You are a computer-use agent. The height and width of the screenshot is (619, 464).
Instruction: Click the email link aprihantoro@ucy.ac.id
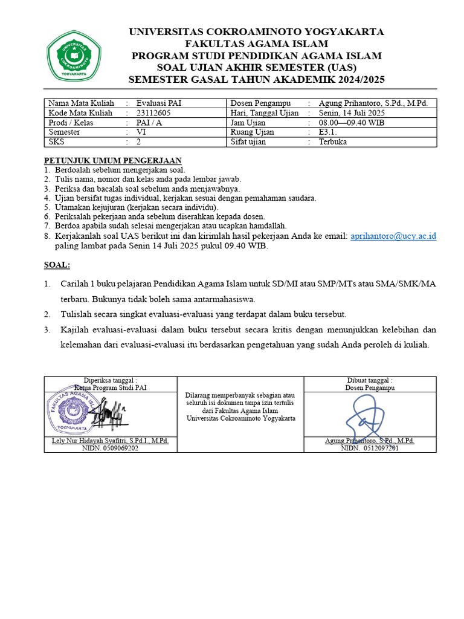click(x=393, y=236)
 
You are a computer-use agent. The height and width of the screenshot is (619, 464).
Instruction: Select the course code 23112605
click(x=153, y=112)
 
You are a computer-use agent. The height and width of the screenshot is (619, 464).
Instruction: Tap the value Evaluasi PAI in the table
click(x=159, y=103)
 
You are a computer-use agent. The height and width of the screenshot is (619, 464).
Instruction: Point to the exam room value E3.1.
click(x=329, y=132)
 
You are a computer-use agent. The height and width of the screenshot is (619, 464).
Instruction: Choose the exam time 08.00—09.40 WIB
click(x=351, y=122)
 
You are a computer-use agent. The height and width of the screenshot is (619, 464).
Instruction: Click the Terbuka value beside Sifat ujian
click(x=333, y=141)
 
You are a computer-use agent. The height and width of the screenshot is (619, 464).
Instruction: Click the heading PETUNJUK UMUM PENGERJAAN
click(x=112, y=161)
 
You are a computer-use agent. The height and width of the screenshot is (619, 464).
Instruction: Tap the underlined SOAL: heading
click(x=57, y=265)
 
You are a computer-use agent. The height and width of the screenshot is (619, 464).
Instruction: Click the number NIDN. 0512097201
click(x=370, y=449)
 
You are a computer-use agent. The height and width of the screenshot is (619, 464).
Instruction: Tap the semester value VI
click(x=141, y=132)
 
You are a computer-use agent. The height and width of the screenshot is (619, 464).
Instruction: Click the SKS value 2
click(x=138, y=141)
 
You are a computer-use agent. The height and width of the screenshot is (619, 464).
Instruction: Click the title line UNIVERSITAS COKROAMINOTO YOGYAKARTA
click(x=256, y=32)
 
